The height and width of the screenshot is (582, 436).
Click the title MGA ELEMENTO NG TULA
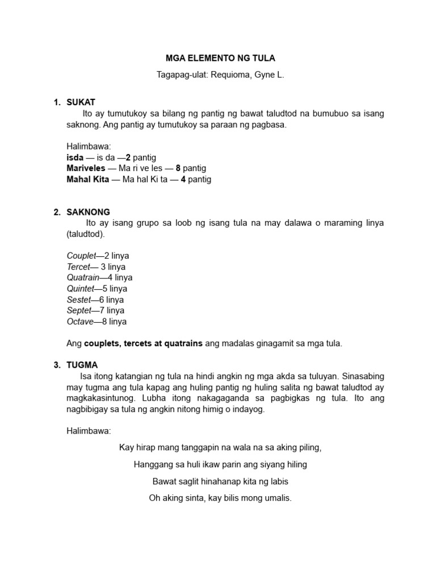(220, 59)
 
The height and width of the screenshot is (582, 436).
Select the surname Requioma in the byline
(229, 74)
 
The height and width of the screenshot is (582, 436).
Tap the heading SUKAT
(81, 102)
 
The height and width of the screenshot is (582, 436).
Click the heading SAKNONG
(89, 212)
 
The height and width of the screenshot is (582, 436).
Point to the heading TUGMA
(82, 365)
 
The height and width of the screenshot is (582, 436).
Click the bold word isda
(75, 157)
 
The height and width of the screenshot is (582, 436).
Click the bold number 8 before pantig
(178, 168)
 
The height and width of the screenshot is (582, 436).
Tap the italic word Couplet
(81, 256)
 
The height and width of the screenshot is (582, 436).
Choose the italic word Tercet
(78, 267)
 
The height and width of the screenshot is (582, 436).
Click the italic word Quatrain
(83, 277)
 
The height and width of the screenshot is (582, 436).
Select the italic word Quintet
(80, 289)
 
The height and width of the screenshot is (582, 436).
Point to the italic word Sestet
(79, 300)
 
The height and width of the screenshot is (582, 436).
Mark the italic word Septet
(79, 310)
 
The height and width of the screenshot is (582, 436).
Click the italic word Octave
(79, 321)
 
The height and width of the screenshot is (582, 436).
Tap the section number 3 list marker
(56, 365)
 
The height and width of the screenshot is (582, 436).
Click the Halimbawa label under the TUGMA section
(89, 431)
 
